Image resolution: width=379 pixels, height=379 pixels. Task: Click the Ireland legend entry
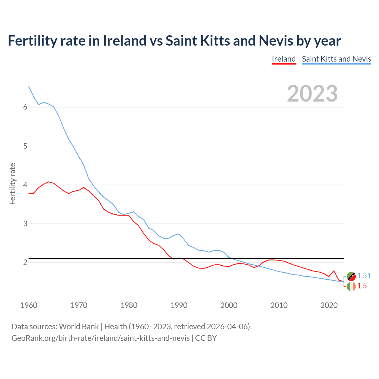tap(284, 59)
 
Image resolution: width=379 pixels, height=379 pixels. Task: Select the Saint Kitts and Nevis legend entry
tap(336, 59)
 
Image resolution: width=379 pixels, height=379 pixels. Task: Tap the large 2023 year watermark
tap(312, 94)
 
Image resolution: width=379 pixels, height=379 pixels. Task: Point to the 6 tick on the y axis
tap(25, 107)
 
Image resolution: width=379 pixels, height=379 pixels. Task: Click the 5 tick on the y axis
tap(25, 146)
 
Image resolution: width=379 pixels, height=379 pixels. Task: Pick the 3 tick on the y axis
tap(25, 224)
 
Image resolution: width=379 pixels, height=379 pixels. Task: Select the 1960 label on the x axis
tap(29, 305)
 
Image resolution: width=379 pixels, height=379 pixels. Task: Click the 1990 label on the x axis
tap(179, 305)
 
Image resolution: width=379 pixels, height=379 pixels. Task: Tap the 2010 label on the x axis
tap(279, 305)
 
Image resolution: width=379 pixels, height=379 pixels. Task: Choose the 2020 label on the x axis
tap(329, 305)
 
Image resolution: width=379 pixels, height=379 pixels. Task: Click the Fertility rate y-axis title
tap(12, 184)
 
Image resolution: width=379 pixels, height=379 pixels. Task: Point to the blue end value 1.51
tap(364, 276)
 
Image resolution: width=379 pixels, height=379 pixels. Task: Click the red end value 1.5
tap(362, 286)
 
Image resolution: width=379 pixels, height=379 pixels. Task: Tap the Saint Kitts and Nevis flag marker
tap(351, 276)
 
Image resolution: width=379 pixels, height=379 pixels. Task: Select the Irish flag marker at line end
tap(351, 286)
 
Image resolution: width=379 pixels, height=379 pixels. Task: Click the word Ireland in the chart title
tap(124, 41)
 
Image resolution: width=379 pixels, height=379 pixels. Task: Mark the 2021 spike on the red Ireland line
tap(334, 271)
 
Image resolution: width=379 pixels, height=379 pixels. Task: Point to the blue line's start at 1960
tap(29, 86)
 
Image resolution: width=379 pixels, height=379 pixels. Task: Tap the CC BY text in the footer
tap(206, 338)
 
